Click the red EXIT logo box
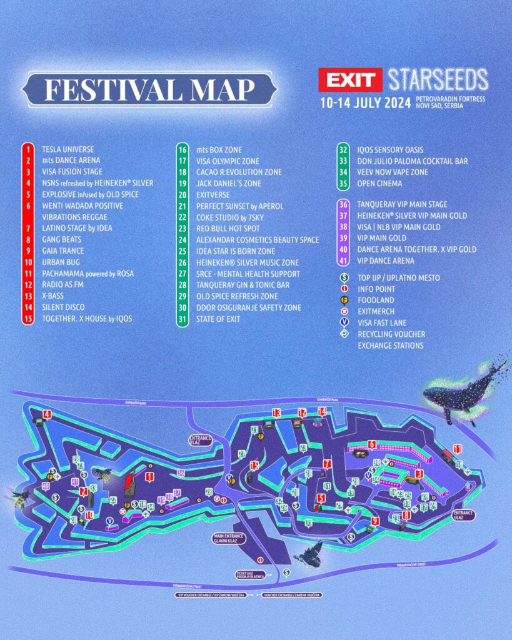[349, 80]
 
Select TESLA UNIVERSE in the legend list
[68, 149]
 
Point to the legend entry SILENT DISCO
[63, 307]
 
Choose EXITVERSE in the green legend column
[214, 194]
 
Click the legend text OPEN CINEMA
[379, 184]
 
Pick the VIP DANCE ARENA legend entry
[385, 260]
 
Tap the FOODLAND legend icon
[343, 300]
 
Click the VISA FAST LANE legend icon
[343, 322]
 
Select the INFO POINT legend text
[376, 289]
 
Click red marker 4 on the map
[48, 414]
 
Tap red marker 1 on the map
[149, 477]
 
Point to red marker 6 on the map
[372, 444]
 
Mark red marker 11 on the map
[458, 449]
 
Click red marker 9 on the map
[375, 521]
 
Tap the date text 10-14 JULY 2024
[364, 101]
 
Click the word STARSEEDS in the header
[438, 80]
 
